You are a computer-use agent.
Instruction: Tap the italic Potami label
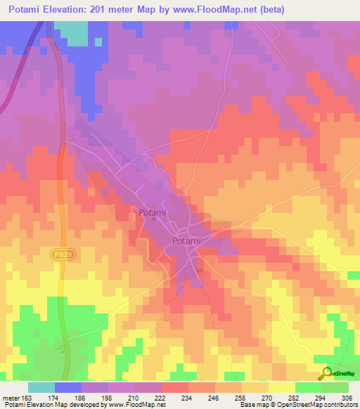pyautogui.click(x=152, y=212)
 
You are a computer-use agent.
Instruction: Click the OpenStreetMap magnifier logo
pyautogui.click(x=326, y=372)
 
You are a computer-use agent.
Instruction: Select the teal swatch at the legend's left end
pyautogui.click(x=41, y=387)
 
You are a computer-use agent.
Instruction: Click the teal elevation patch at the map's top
pyautogui.click(x=71, y=32)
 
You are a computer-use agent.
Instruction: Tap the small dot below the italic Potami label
pyautogui.click(x=154, y=220)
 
